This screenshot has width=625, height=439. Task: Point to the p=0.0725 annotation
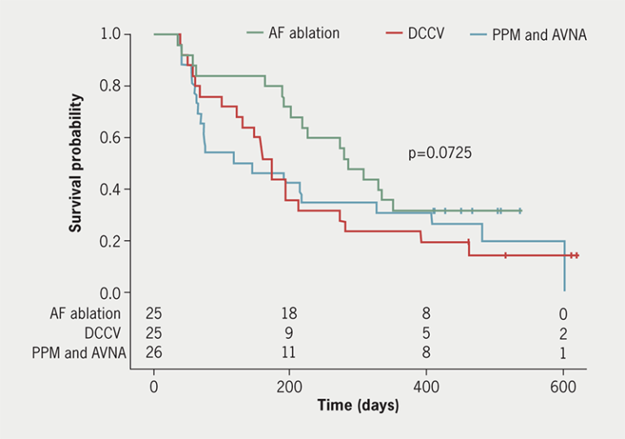(440, 152)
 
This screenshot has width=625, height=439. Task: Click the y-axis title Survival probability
(76, 163)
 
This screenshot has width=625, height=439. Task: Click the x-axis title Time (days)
(358, 405)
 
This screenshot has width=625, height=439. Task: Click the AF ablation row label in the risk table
(83, 314)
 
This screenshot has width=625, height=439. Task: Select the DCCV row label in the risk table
(102, 333)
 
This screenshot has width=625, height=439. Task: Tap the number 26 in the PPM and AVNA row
(154, 353)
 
